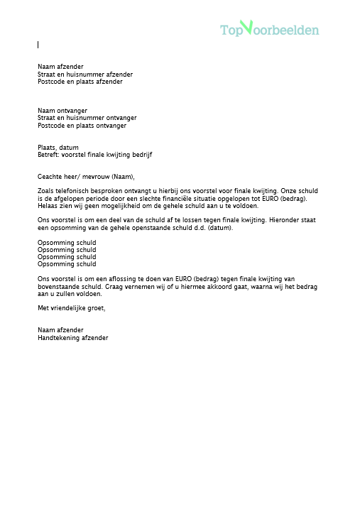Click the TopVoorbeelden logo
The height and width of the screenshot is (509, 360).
[269, 29]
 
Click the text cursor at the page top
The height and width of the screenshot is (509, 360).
[38, 45]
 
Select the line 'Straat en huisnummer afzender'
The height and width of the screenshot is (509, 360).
[85, 74]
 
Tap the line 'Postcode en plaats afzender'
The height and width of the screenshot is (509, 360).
[80, 82]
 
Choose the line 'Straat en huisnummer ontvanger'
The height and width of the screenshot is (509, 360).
[87, 118]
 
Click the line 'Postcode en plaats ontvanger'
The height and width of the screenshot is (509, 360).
[82, 126]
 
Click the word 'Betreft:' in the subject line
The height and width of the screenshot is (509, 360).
[49, 154]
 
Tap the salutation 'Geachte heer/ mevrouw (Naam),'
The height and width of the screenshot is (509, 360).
[86, 176]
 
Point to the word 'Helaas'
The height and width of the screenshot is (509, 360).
[48, 205]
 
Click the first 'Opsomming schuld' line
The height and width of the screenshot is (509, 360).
[67, 243]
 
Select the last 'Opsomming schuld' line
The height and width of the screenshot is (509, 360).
[67, 264]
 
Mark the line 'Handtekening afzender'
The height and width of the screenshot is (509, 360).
[73, 338]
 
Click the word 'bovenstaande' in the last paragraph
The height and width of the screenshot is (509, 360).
[57, 286]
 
